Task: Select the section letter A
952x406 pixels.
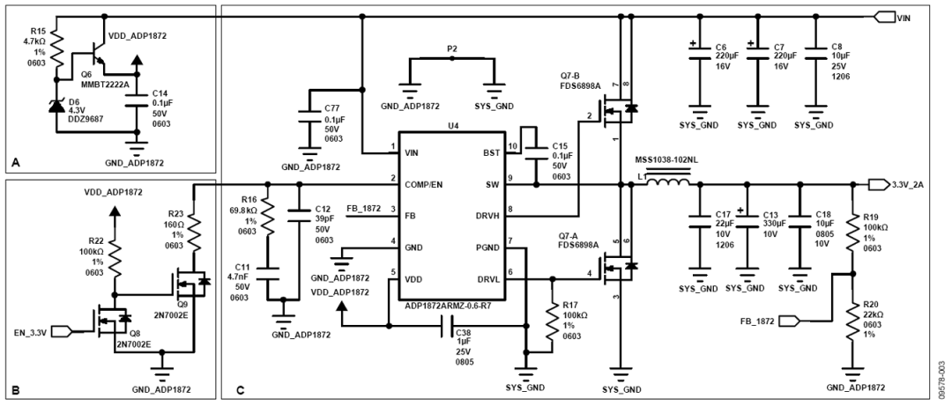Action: [x=17, y=162]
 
